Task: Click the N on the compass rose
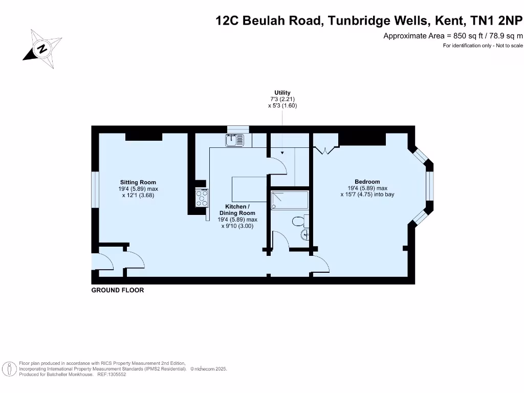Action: (42, 49)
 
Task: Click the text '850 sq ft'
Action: (469, 36)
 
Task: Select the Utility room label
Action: (282, 93)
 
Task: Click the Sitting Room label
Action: (138, 182)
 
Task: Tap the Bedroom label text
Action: (367, 182)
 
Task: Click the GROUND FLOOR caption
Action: (118, 290)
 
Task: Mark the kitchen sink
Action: (235, 139)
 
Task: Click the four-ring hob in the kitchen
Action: (201, 198)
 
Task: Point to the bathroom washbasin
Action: (305, 234)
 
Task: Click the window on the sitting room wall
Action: (95, 190)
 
